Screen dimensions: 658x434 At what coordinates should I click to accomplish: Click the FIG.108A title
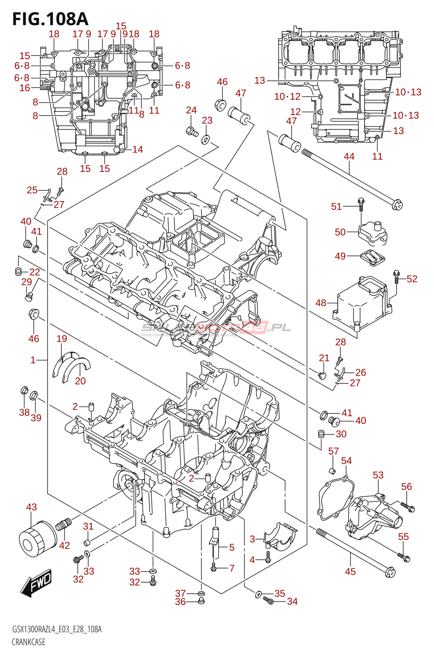[50, 19]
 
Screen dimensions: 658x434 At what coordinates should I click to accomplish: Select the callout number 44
[349, 156]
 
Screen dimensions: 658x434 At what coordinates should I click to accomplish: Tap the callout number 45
[350, 571]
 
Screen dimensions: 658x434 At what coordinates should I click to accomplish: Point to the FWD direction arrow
[36, 583]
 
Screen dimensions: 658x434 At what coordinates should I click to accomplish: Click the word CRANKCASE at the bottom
[28, 642]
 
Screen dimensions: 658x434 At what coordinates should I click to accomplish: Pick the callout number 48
[321, 303]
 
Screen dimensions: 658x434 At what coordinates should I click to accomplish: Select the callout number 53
[378, 475]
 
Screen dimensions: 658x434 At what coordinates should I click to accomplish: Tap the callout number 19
[62, 338]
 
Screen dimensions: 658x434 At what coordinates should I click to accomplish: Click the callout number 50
[340, 232]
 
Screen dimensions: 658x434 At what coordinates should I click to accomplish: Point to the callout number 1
[33, 360]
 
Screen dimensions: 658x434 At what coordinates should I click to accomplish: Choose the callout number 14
[138, 149]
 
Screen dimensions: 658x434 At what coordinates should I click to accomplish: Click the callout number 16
[25, 88]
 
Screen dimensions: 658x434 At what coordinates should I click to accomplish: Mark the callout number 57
[333, 451]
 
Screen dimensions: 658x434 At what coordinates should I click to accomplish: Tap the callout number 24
[191, 110]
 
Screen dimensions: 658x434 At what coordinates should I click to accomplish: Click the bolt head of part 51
[361, 201]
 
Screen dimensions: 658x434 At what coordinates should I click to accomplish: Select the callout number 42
[65, 545]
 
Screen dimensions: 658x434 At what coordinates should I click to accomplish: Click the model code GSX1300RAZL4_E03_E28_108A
[57, 629]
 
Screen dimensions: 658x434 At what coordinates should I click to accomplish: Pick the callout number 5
[232, 547]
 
